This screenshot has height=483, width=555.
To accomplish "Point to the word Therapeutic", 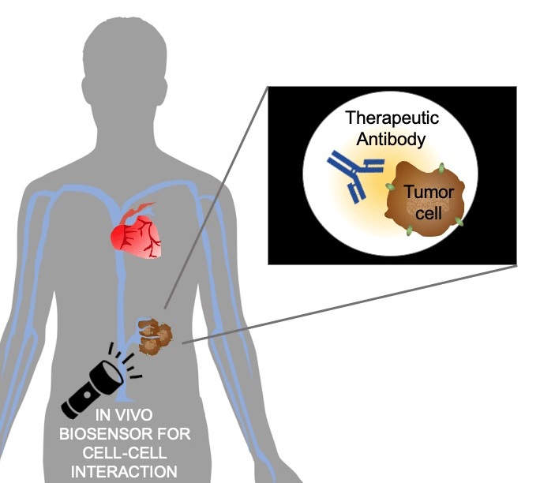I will coord(392,119).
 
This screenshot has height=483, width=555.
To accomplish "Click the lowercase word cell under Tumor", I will coord(427,213).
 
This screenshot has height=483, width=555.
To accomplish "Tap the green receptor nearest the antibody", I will coord(390,187).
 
